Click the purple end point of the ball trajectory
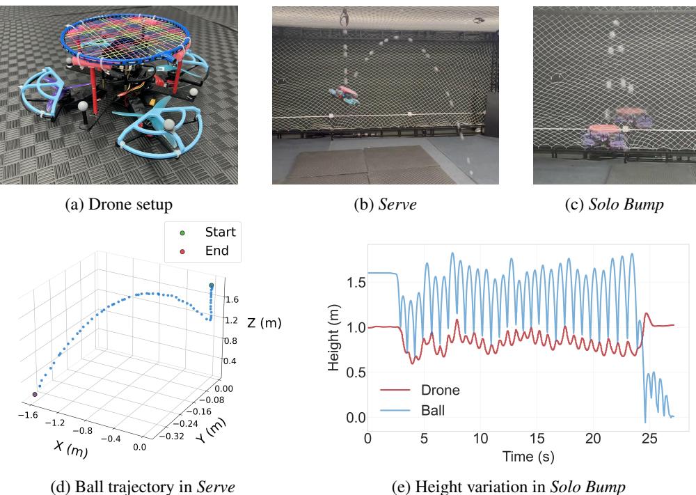tap(34, 395)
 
